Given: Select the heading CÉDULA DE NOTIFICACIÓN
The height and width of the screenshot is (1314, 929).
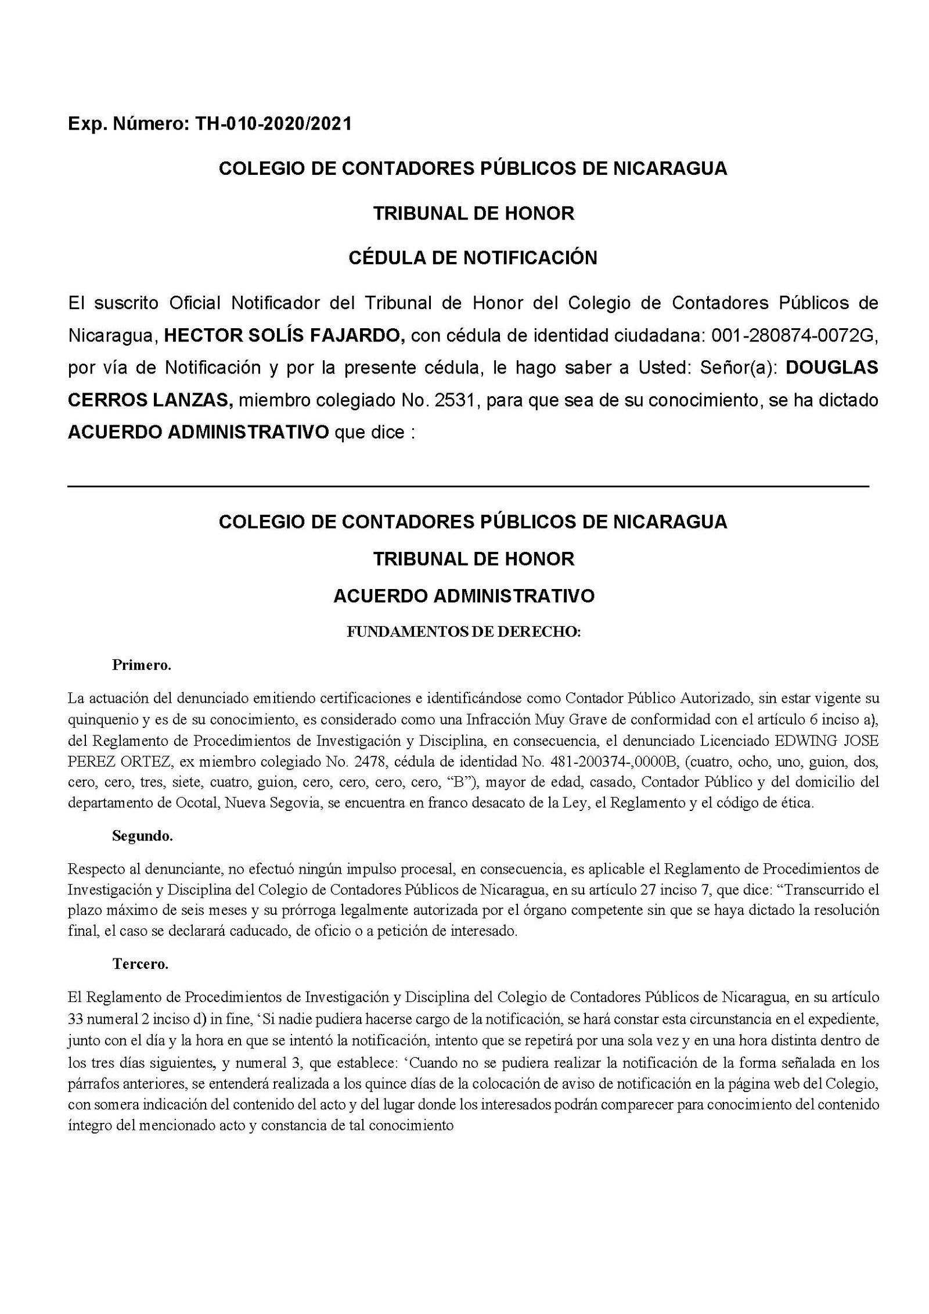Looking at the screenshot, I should (x=473, y=257).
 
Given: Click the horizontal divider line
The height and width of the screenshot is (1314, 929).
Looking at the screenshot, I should (x=468, y=485).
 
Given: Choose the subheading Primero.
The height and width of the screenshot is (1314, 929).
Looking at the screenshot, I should (x=142, y=665).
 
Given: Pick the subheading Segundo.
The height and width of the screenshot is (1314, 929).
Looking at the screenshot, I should (x=142, y=836).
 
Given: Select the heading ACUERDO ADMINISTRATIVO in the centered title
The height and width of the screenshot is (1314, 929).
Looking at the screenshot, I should (x=464, y=596).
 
